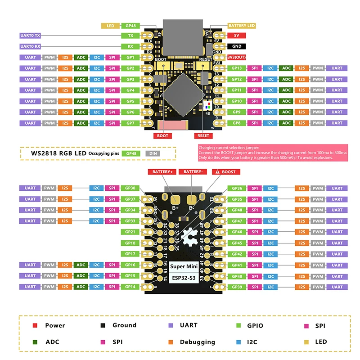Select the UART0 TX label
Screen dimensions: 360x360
[31, 35]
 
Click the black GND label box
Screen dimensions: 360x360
[236, 46]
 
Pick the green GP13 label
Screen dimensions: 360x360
[237, 68]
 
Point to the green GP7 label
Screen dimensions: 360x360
[130, 123]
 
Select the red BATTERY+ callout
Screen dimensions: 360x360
[162, 172]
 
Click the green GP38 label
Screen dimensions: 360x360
[130, 188]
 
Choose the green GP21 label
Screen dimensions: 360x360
[130, 232]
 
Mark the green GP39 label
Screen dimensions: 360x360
[237, 287]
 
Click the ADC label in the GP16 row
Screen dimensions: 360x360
[81, 265]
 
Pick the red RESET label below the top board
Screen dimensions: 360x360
[203, 135]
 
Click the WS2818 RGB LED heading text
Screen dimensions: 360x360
[58, 153]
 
